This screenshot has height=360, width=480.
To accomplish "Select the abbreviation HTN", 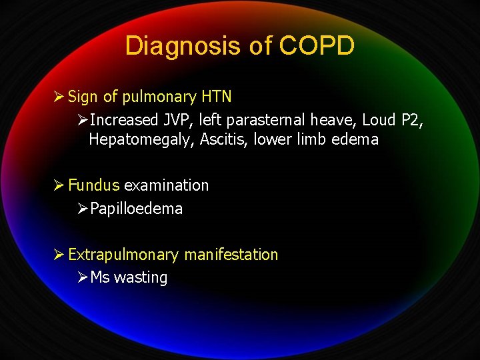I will [x=217, y=97].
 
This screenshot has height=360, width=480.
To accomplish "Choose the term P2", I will [x=408, y=120].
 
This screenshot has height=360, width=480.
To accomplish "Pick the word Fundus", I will [x=94, y=185].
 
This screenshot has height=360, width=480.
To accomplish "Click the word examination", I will [x=167, y=185].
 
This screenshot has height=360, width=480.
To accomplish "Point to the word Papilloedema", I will [x=136, y=209].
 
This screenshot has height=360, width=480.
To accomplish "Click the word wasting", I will [x=141, y=277].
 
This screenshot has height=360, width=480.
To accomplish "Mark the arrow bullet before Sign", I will [x=59, y=97].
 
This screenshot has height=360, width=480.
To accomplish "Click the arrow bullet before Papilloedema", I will [x=82, y=209].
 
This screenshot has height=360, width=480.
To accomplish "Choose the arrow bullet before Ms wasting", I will [x=82, y=277].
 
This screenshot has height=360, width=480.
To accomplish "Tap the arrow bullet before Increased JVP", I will [x=82, y=120].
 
